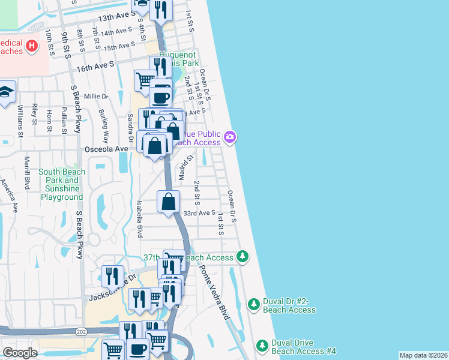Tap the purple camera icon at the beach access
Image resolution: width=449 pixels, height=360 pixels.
click(229, 138)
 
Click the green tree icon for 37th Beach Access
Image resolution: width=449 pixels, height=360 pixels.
click(242, 256)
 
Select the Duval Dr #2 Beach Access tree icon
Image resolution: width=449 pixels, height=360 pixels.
click(254, 304)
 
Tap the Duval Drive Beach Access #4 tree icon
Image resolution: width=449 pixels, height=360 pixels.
click(262, 346)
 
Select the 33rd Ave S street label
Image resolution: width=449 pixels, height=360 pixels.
click(199, 213)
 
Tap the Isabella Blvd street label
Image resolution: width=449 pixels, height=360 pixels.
click(139, 219)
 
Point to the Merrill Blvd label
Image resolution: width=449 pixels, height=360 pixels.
click(26, 173)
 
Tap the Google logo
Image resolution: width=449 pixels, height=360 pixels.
click(20, 353)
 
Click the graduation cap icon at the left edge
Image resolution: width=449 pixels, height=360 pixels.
click(6, 92)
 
